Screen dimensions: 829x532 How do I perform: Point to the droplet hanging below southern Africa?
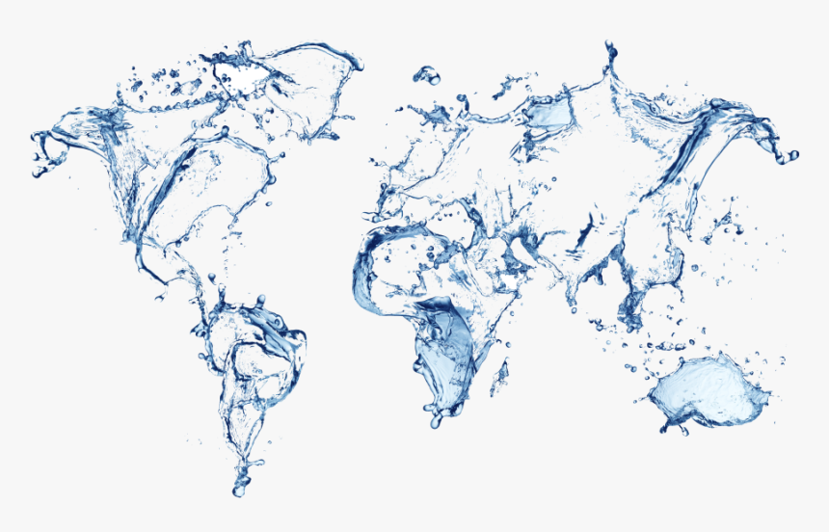tap(437, 420)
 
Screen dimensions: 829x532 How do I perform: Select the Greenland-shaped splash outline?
tap(289, 72)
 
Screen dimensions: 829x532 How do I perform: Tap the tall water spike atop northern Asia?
tap(609, 60)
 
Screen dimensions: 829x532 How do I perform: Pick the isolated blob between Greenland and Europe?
tap(425, 74)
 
